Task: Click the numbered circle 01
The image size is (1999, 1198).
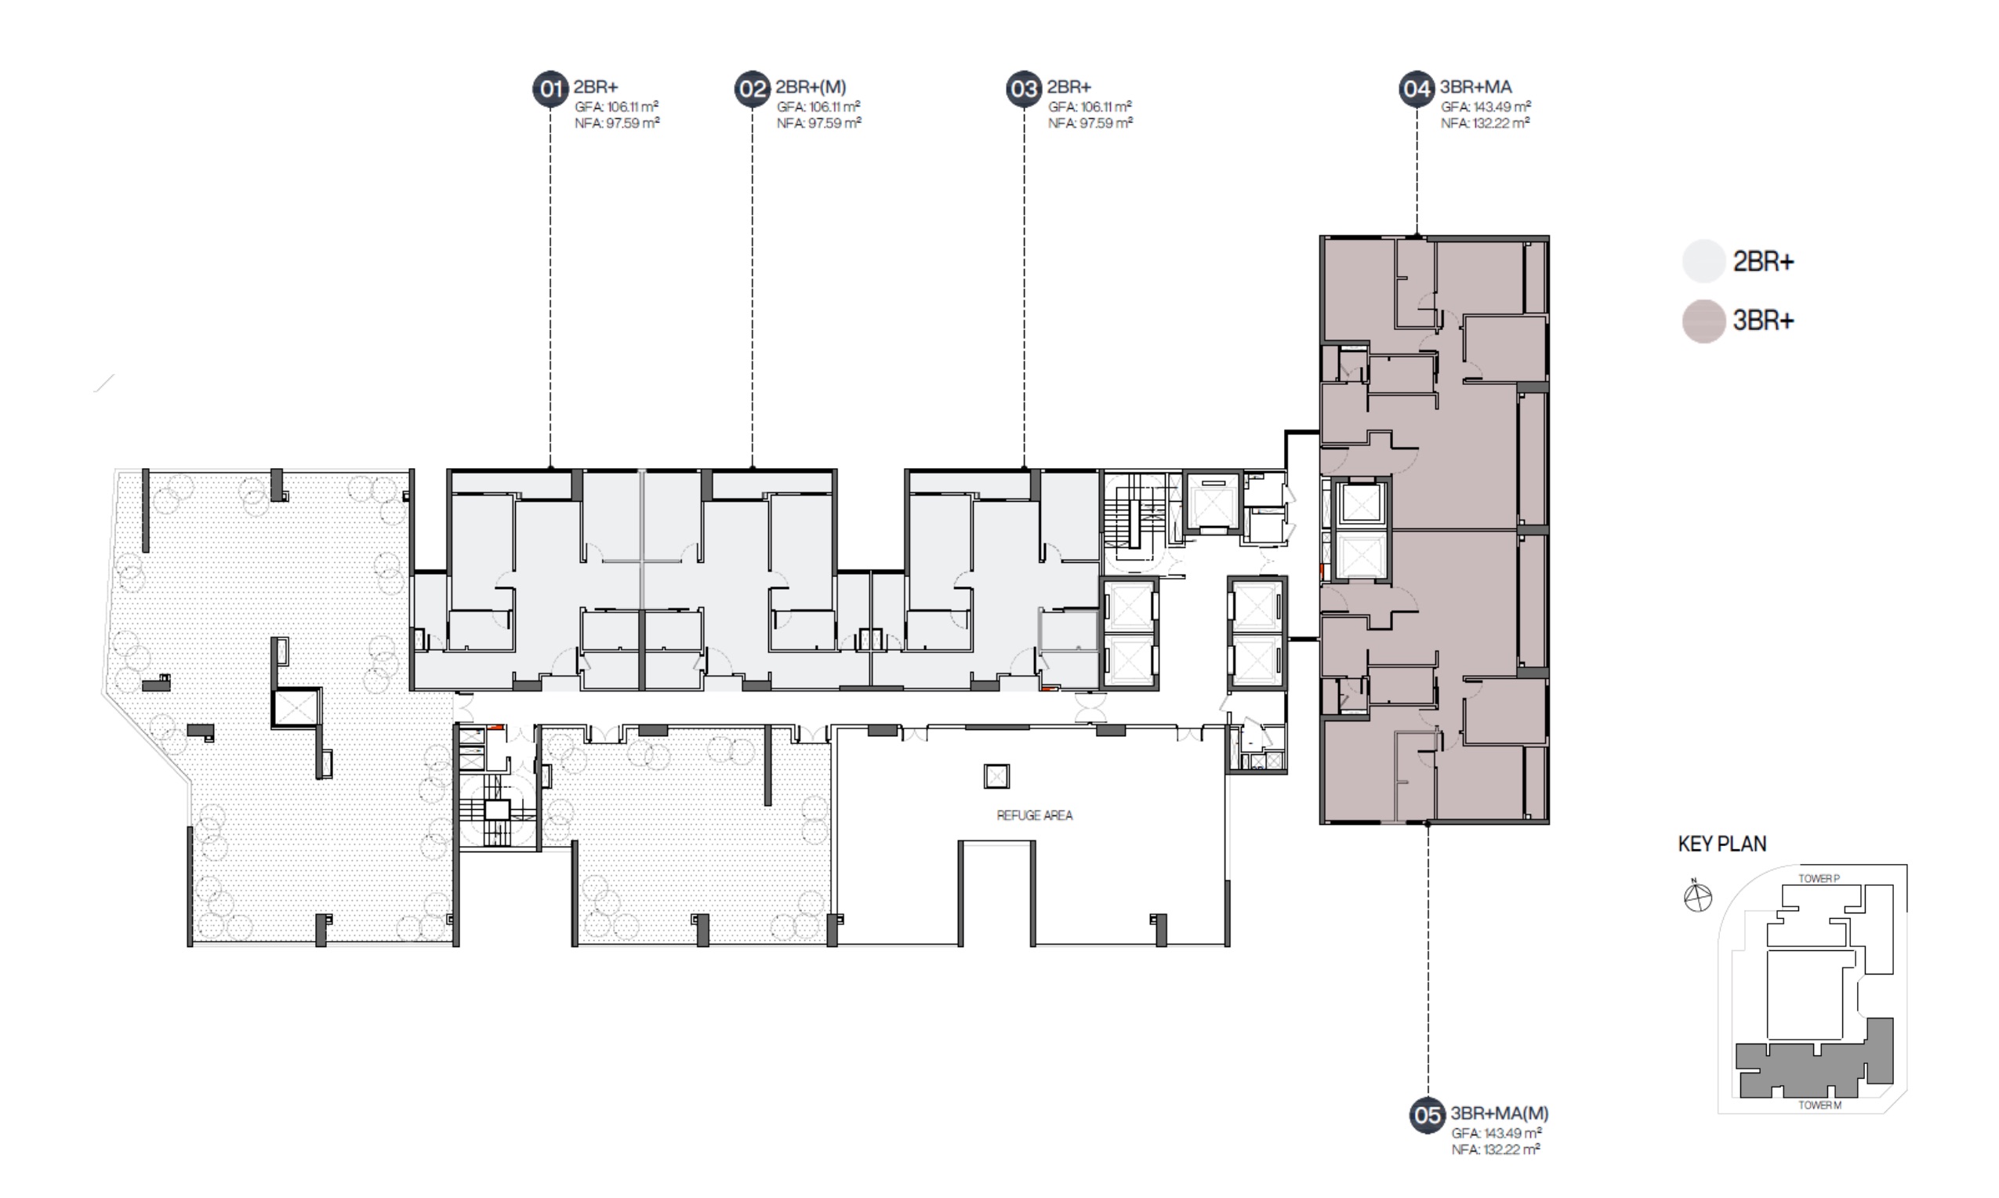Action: tap(550, 89)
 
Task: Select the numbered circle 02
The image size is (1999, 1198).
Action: tap(752, 89)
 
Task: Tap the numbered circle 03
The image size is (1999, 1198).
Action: tap(1024, 89)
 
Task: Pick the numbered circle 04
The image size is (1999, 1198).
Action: tap(1417, 89)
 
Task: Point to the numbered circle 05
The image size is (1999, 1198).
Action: tap(1428, 1115)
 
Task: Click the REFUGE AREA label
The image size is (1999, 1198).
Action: tap(1035, 815)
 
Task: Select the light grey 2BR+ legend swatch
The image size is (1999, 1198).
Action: tap(1703, 262)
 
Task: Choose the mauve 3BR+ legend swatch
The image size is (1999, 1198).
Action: tap(1703, 321)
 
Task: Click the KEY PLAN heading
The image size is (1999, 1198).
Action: tap(1722, 844)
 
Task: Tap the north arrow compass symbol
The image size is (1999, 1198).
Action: tap(1698, 897)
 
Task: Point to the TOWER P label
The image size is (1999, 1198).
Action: tap(1819, 878)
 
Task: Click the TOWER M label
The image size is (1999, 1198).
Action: tap(1819, 1105)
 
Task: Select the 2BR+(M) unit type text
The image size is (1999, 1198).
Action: tap(811, 87)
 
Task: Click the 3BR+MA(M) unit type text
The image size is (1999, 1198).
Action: tap(1500, 1113)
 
